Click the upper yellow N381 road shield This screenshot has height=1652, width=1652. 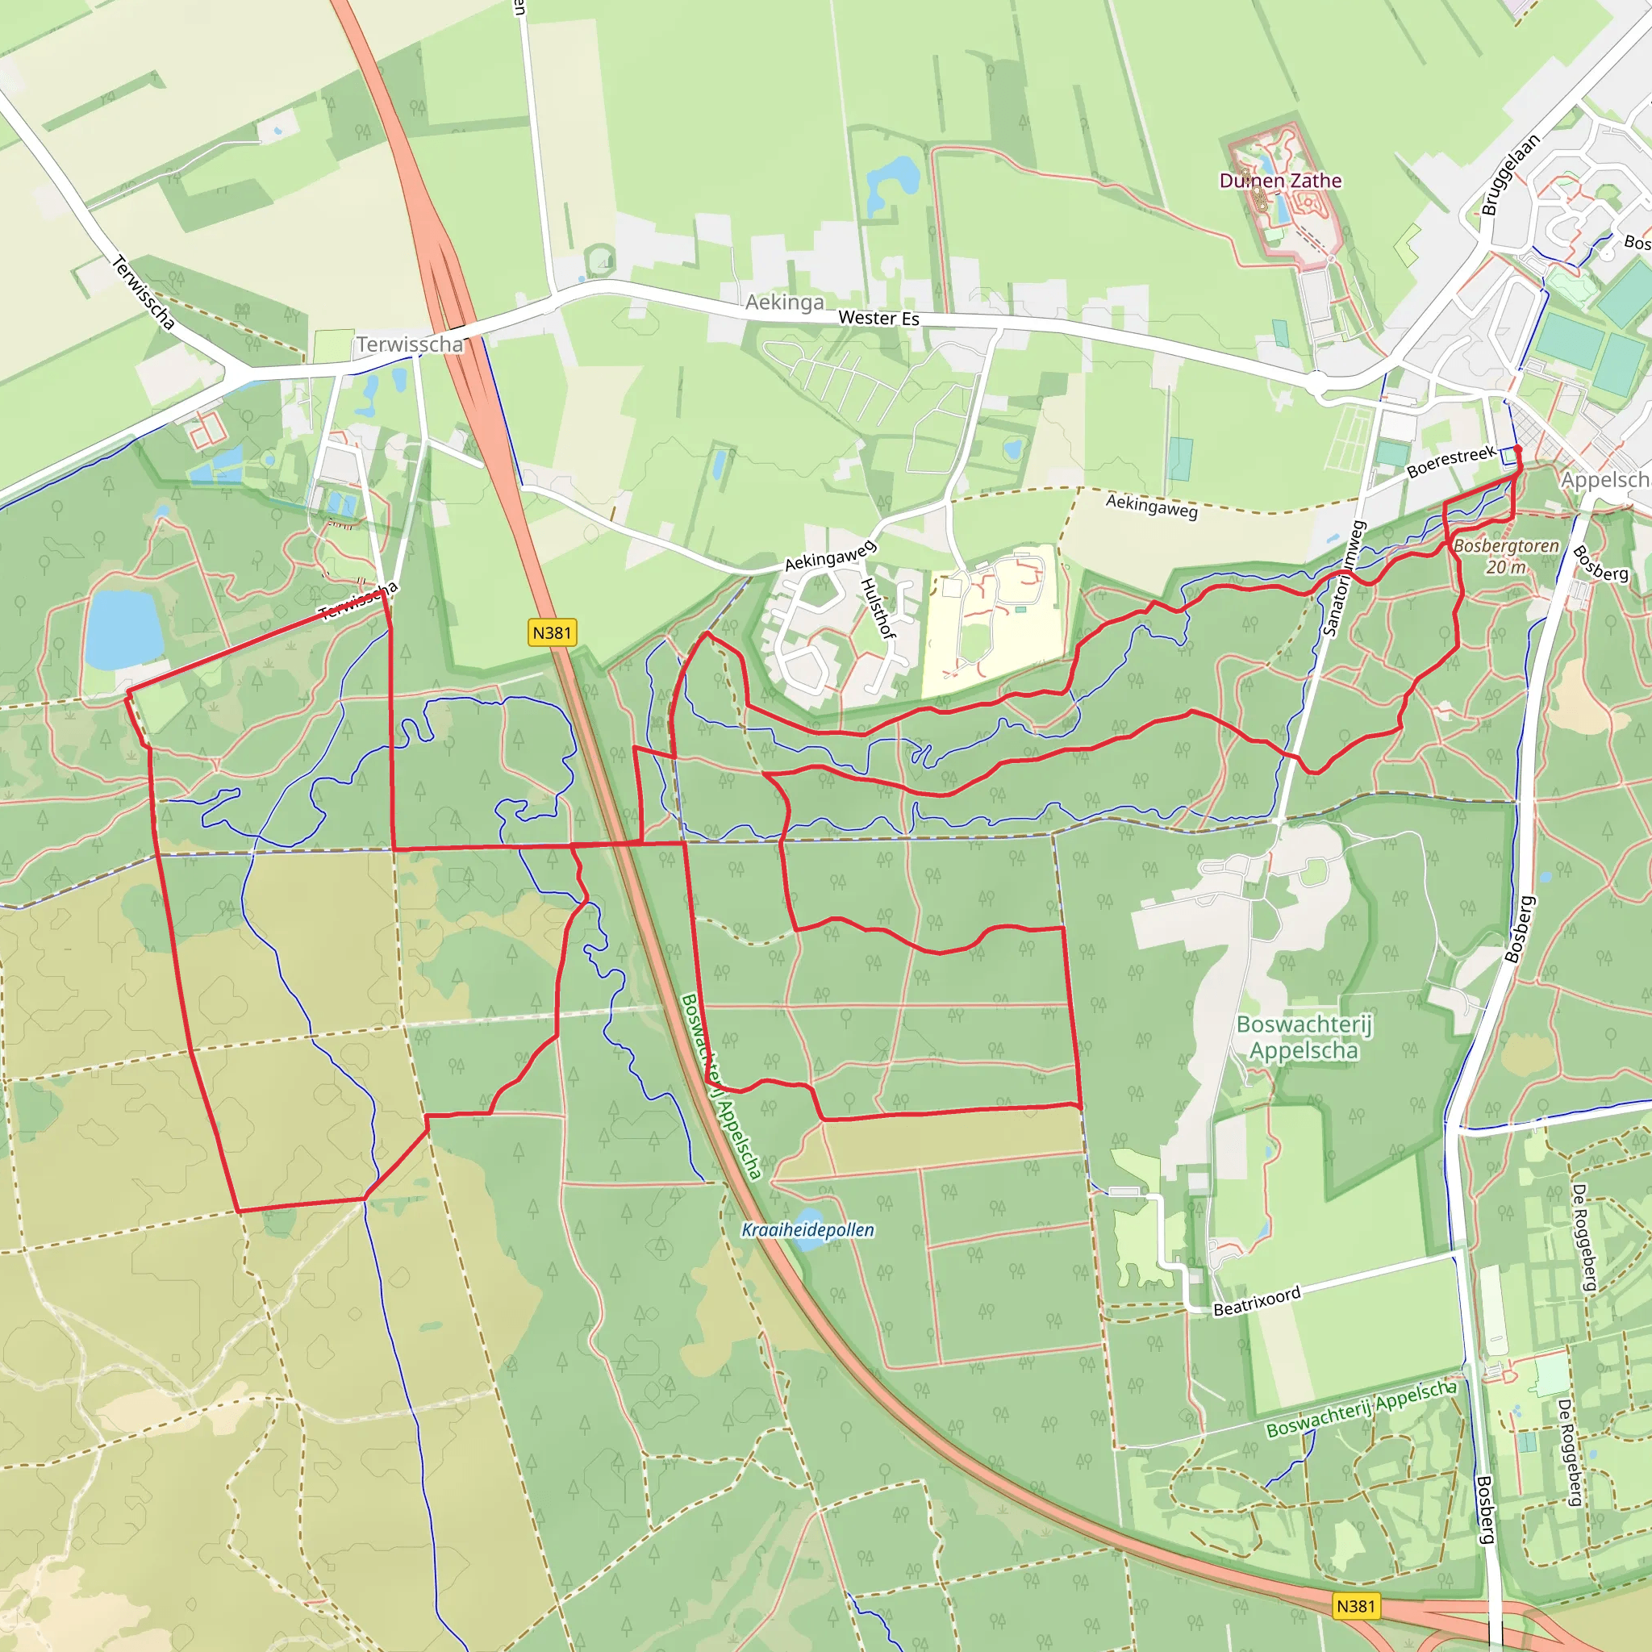(x=552, y=632)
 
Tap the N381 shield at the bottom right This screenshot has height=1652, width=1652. (x=1355, y=1606)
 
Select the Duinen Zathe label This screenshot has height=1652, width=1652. (x=1280, y=181)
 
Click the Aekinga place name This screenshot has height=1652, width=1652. (x=784, y=302)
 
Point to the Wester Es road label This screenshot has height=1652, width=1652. (x=878, y=318)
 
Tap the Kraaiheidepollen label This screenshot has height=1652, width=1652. (x=807, y=1229)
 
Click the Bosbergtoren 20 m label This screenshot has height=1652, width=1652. (x=1506, y=556)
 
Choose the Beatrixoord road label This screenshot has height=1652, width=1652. (x=1257, y=1300)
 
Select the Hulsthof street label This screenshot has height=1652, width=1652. (x=878, y=608)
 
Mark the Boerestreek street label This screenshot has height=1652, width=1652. (x=1451, y=461)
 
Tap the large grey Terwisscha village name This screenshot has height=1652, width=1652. (x=410, y=344)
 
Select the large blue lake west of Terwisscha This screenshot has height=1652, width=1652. (x=123, y=628)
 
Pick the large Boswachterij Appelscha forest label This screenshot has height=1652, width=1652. (x=1304, y=1037)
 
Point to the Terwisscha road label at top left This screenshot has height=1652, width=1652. (x=143, y=293)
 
